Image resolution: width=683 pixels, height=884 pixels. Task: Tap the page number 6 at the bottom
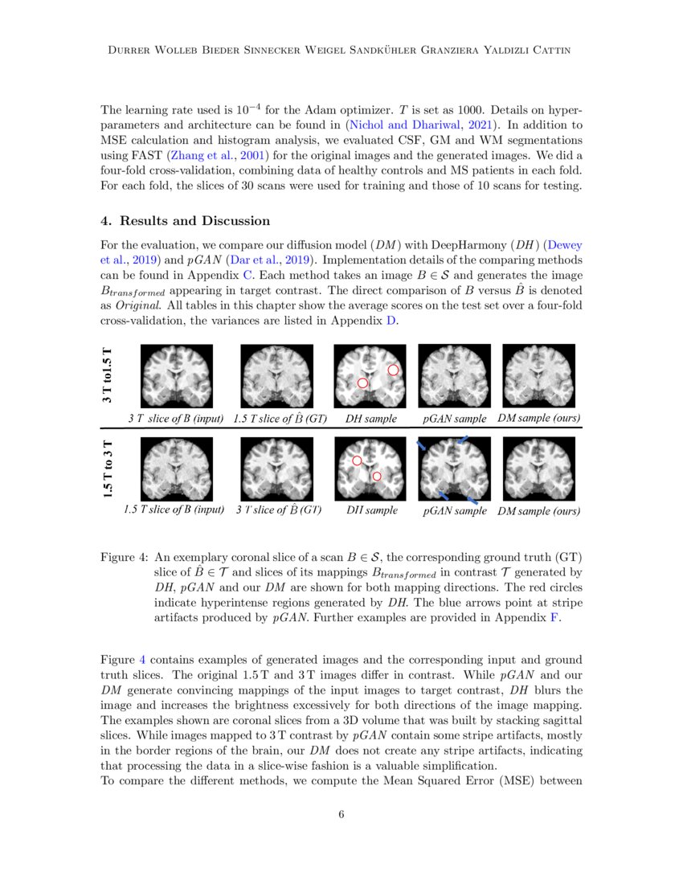341,814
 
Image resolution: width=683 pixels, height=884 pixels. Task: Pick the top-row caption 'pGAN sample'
455,419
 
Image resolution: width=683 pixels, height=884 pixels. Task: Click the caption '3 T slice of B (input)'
176,419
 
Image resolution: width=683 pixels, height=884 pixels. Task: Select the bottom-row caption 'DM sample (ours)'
538,510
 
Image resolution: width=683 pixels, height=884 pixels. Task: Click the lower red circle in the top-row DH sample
362,384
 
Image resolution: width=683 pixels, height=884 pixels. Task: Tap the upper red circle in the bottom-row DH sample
358,461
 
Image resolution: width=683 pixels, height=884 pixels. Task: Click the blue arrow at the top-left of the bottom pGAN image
421,444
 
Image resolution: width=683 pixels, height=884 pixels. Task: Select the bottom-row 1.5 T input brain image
176,469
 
